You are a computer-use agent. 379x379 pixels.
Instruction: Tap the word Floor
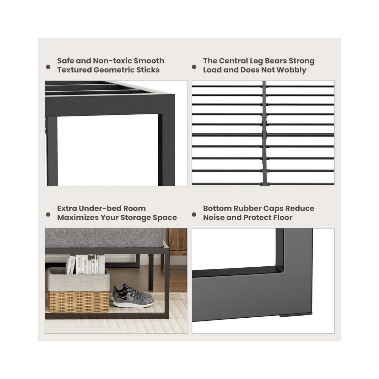[x=281, y=218]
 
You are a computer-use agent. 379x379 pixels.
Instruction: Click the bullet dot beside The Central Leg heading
[x=194, y=67]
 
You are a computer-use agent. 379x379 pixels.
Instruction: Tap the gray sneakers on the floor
[x=133, y=296]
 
